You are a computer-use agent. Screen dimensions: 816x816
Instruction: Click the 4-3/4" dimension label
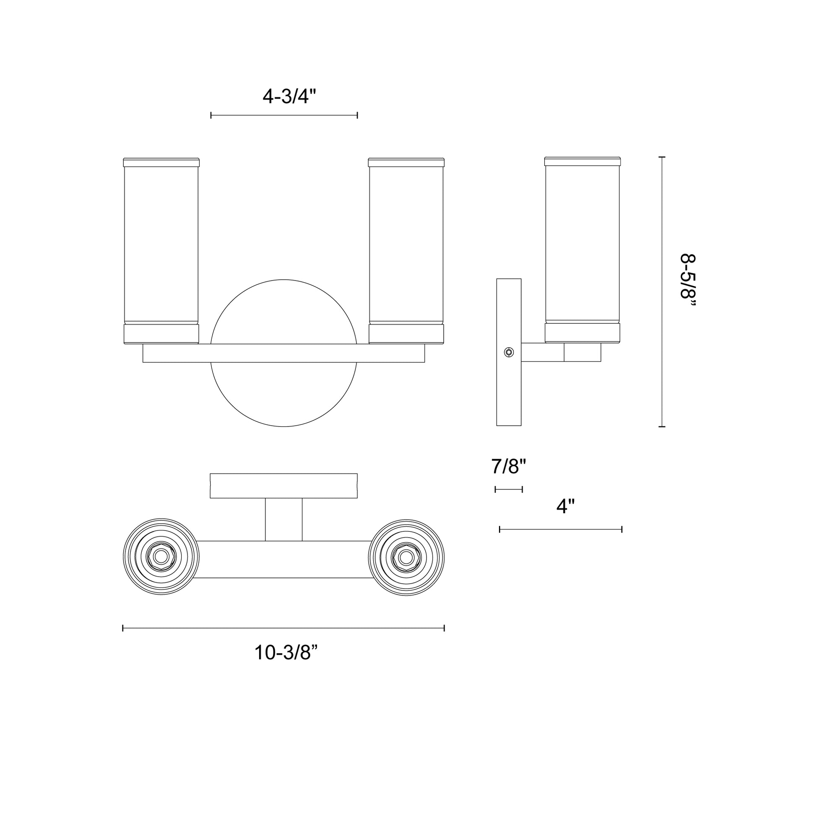pos(289,97)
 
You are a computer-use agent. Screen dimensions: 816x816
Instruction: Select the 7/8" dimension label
pos(509,467)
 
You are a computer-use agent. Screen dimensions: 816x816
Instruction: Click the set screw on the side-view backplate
pos(509,352)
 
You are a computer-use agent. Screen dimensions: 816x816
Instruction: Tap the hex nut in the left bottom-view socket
pos(161,557)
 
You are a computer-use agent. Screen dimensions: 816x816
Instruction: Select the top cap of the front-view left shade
pos(161,162)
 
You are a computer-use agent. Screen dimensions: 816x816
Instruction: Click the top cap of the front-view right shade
pos(406,162)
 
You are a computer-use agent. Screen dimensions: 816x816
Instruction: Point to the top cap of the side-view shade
pos(582,161)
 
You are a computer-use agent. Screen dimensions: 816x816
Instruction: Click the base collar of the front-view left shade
pos(161,334)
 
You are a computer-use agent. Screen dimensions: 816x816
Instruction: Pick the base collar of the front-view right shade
pos(406,334)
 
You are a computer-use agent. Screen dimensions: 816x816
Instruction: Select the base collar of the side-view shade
pos(582,333)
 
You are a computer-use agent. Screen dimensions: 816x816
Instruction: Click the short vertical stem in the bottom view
pos(284,520)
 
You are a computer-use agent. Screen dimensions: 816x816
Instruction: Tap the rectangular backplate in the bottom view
pos(284,486)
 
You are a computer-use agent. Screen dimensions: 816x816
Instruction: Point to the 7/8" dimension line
pos(509,489)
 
